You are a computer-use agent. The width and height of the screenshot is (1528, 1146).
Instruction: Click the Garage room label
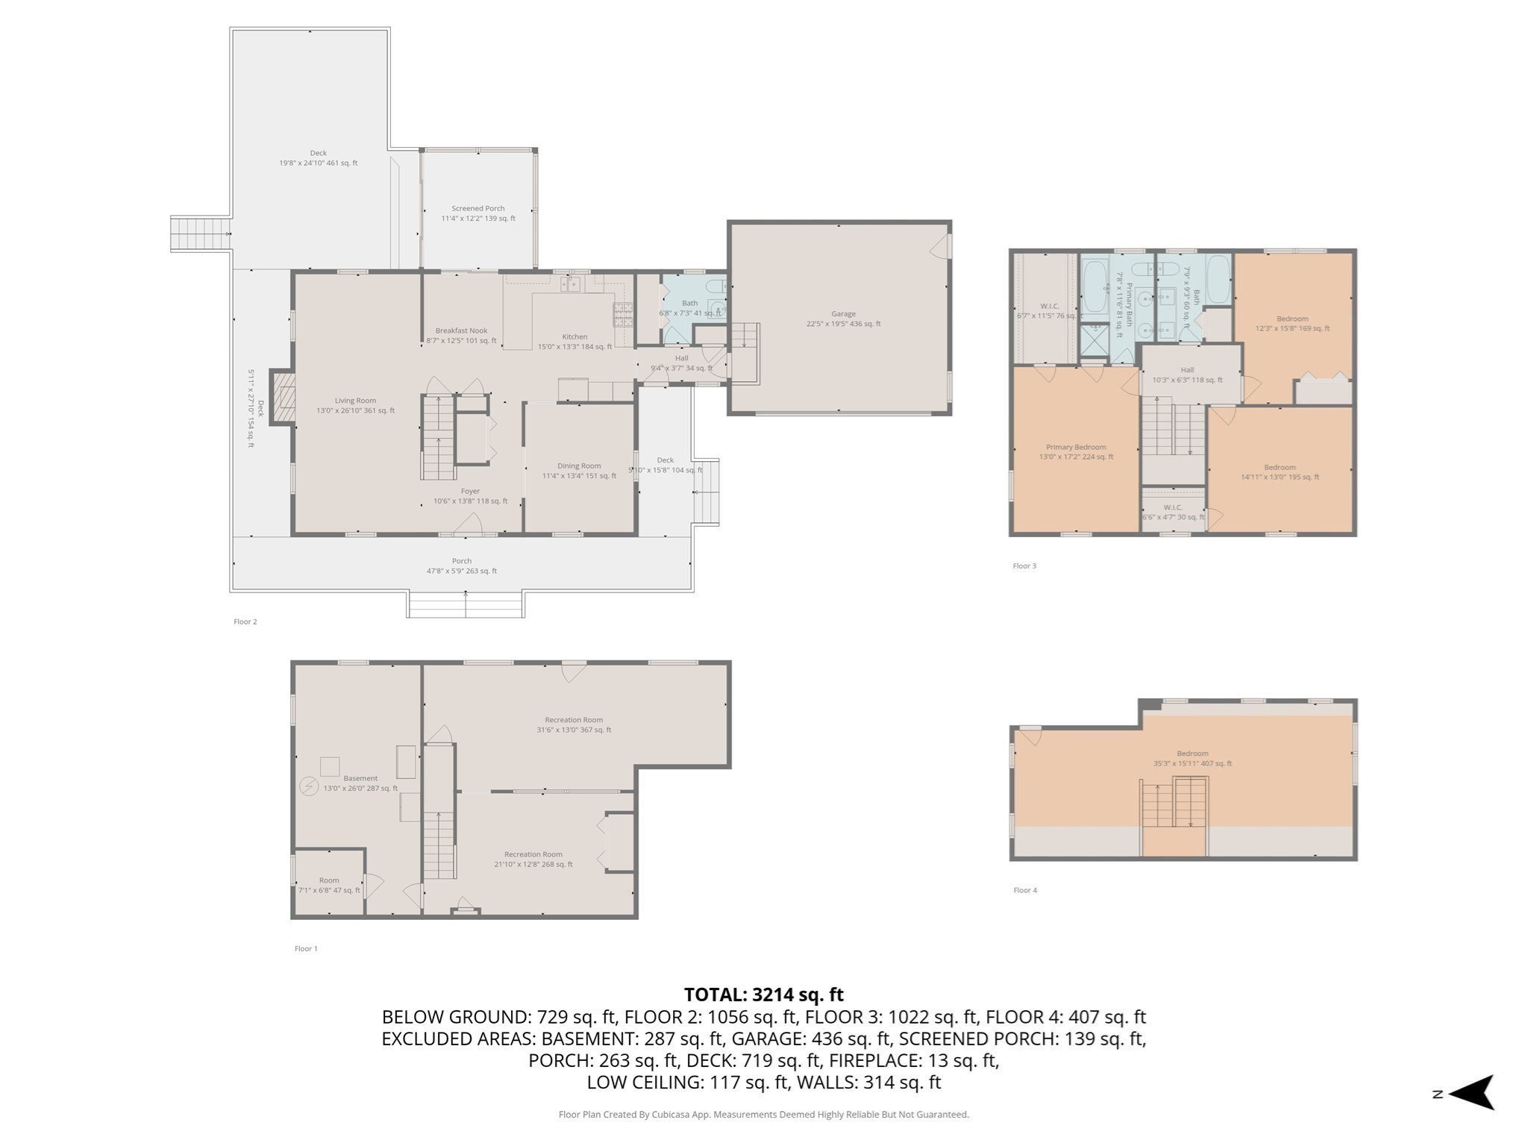pyautogui.click(x=843, y=319)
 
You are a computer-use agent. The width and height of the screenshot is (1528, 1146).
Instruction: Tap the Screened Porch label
pyautogui.click(x=478, y=213)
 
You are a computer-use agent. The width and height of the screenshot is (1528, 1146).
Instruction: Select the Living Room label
pyautogui.click(x=355, y=405)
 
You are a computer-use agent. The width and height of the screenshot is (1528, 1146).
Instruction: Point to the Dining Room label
pyautogui.click(x=579, y=470)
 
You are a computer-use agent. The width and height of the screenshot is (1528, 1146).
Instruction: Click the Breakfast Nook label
pyautogui.click(x=461, y=335)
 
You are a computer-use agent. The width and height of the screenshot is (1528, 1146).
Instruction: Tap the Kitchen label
pyautogui.click(x=574, y=341)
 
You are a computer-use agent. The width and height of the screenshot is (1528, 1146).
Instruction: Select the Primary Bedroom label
pyautogui.click(x=1076, y=451)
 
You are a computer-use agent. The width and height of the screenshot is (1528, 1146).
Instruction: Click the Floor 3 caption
pyautogui.click(x=1024, y=566)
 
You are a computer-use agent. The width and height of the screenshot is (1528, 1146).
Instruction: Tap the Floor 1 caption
pyautogui.click(x=306, y=948)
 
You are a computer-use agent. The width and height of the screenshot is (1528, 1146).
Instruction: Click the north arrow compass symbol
pyautogui.click(x=1470, y=1093)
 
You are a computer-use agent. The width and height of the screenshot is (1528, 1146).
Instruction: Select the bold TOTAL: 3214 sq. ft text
pyautogui.click(x=763, y=995)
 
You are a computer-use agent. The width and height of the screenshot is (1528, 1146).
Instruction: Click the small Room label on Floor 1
pyautogui.click(x=329, y=885)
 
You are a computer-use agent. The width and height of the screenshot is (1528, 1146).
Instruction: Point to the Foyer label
pyautogui.click(x=470, y=496)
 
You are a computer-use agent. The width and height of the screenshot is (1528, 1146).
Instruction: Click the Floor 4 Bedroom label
pyautogui.click(x=1192, y=758)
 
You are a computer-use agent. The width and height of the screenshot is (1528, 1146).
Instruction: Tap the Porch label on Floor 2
pyautogui.click(x=461, y=566)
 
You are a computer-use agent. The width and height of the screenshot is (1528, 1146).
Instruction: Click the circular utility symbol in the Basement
pyautogui.click(x=308, y=786)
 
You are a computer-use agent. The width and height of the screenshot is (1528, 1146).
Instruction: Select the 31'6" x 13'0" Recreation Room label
pyautogui.click(x=573, y=724)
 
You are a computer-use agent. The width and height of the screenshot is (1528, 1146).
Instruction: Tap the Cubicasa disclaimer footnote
pyautogui.click(x=763, y=1115)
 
